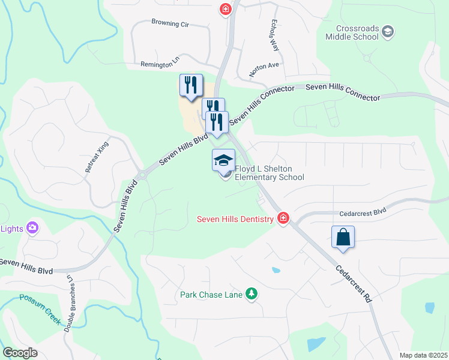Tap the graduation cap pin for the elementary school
(x=223, y=160)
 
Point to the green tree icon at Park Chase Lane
(x=253, y=294)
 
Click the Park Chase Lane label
(x=211, y=295)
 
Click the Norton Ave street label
(x=265, y=69)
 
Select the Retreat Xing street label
(x=95, y=158)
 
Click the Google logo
(x=20, y=353)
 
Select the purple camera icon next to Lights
(x=32, y=227)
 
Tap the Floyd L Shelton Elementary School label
(x=269, y=173)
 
